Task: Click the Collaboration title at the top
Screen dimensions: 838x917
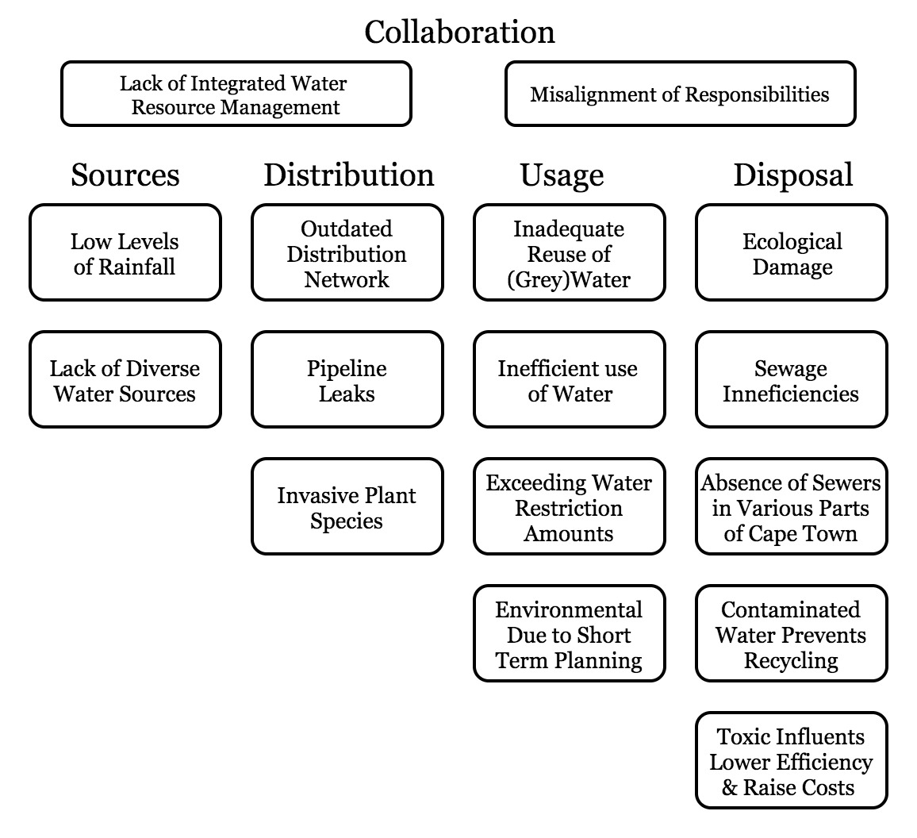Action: (459, 33)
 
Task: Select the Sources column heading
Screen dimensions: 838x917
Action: (125, 175)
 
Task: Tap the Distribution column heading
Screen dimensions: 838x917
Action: (348, 175)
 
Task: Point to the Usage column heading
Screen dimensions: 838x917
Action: (562, 175)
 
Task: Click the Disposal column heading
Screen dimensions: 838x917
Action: (792, 175)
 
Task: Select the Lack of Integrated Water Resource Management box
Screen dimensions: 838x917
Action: (236, 94)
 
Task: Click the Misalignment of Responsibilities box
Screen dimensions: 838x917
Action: (680, 94)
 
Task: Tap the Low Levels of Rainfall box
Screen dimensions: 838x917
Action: (125, 253)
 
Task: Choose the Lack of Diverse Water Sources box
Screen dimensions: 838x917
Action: (125, 380)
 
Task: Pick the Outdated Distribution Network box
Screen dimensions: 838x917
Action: (347, 253)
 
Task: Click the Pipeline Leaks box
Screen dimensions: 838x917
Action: (347, 380)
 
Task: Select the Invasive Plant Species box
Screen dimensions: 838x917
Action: (347, 507)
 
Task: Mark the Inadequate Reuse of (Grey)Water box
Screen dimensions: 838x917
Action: (570, 253)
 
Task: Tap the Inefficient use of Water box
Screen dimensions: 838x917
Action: (570, 380)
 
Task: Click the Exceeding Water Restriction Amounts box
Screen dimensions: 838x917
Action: (570, 507)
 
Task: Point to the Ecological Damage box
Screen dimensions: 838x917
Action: (792, 253)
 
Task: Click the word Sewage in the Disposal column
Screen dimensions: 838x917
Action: (790, 369)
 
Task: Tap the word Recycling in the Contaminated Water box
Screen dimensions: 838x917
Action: (791, 660)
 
